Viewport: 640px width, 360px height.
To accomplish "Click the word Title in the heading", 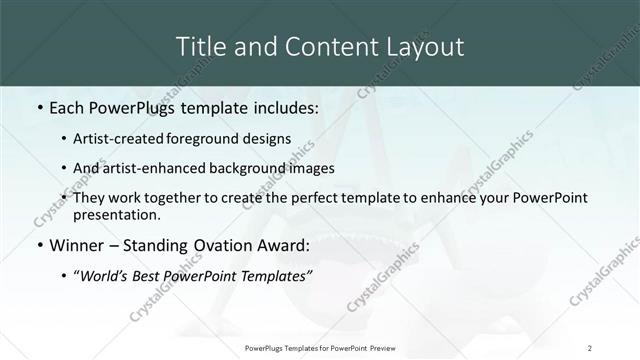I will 199,46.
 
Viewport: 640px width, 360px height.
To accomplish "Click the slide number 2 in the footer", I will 590,347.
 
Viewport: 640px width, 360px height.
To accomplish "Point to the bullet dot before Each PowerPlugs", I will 38,107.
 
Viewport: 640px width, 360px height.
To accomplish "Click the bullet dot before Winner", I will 38,245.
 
